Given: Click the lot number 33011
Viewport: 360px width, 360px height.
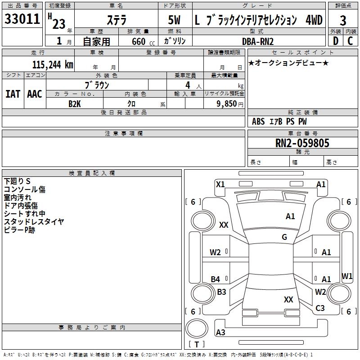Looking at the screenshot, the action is [x=22, y=19].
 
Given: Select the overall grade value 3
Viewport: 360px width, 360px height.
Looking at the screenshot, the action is [x=343, y=20].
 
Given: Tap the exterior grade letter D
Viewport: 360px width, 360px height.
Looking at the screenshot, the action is [x=336, y=41].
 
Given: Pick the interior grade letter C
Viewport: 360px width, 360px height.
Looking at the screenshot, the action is [x=350, y=41].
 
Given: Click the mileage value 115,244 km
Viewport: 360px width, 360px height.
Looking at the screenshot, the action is [x=53, y=65].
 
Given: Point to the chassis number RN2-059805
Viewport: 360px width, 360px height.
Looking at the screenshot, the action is [x=302, y=143].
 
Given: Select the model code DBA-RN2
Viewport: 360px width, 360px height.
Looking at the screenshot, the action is [x=258, y=41].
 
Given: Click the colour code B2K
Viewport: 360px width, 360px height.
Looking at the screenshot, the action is [x=75, y=104].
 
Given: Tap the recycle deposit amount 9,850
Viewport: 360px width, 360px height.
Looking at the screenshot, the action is [x=226, y=104].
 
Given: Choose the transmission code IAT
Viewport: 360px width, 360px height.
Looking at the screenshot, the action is [x=13, y=94].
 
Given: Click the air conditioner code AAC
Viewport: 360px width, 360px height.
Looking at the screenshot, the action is [x=35, y=94].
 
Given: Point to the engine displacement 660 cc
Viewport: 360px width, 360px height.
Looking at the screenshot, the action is [x=143, y=41].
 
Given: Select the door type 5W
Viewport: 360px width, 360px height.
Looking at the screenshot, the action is [x=174, y=20].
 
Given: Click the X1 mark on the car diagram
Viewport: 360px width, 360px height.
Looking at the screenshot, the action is [x=220, y=184].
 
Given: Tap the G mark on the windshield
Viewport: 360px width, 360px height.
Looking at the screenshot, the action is [x=284, y=237].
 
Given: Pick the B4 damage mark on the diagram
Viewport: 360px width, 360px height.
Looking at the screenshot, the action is [x=216, y=279].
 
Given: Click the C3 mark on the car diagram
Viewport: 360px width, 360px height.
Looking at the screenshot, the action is [x=320, y=308].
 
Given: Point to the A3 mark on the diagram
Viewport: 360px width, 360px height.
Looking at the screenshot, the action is [x=220, y=332].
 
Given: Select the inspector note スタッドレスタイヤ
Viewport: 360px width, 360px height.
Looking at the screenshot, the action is [x=34, y=221].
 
